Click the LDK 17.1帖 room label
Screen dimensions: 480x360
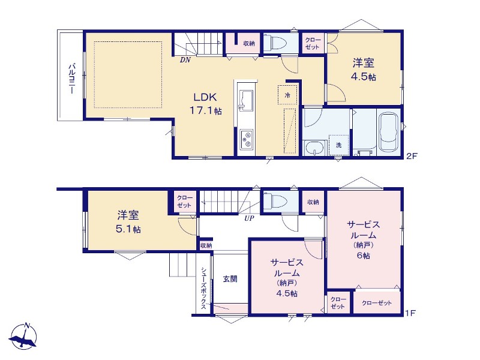[206, 103]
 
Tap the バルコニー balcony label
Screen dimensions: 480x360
[72, 79]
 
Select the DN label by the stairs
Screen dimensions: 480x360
[185, 60]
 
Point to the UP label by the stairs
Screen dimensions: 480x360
[249, 218]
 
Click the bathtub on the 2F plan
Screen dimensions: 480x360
[388, 131]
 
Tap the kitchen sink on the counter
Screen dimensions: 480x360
[246, 100]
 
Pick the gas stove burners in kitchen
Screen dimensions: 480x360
[246, 140]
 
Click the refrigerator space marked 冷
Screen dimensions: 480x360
[287, 95]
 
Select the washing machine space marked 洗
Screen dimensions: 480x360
[338, 145]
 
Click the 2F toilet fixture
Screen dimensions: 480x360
[275, 43]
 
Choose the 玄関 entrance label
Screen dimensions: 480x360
[230, 279]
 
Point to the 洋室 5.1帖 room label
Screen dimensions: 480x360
[128, 222]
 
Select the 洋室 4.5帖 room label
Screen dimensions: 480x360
[364, 70]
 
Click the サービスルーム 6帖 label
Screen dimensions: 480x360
[364, 239]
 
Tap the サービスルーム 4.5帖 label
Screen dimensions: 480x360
[287, 278]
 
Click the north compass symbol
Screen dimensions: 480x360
[23, 336]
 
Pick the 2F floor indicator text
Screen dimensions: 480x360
[412, 156]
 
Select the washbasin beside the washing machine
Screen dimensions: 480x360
[314, 148]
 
